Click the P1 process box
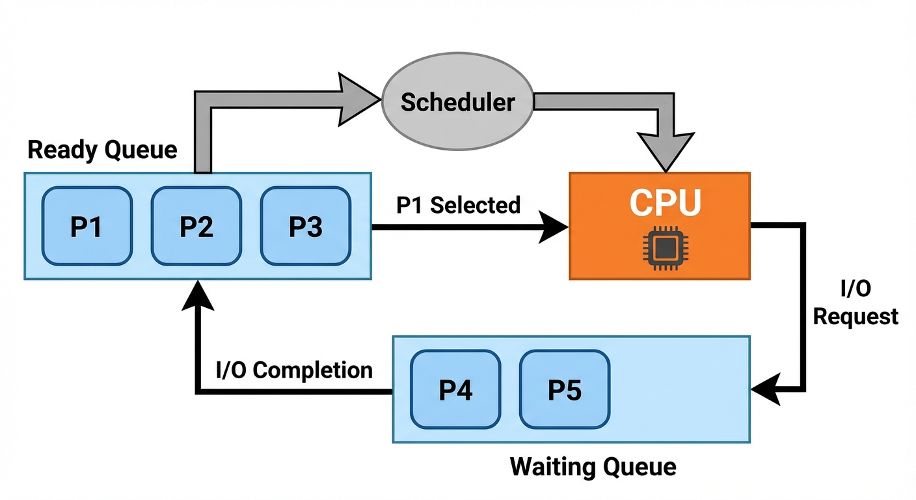(x=87, y=226)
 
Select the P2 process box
(x=196, y=226)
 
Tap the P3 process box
(x=305, y=226)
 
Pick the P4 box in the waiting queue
(x=455, y=389)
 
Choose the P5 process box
(x=565, y=389)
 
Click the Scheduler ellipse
(x=457, y=102)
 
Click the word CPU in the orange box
(x=665, y=202)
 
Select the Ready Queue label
(x=102, y=150)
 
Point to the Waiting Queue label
(x=593, y=466)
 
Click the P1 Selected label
(x=459, y=205)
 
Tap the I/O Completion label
(x=294, y=370)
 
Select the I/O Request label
(x=855, y=303)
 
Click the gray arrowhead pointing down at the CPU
(x=664, y=148)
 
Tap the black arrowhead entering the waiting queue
(x=765, y=389)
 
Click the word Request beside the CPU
(x=855, y=317)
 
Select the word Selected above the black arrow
(x=476, y=205)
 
